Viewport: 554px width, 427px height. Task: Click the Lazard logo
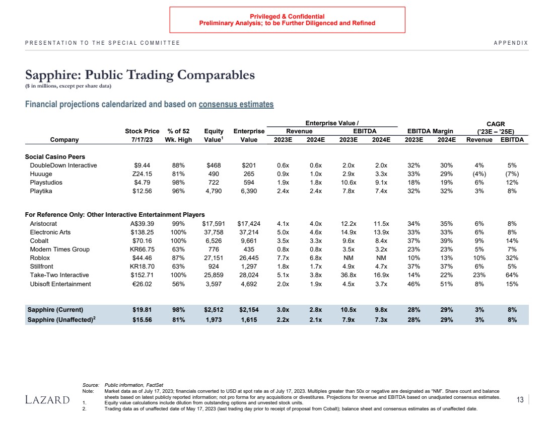pyautogui.click(x=47, y=400)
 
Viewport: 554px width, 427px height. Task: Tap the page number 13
pyautogui.click(x=520, y=400)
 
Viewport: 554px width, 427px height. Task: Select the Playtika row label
pyautogui.click(x=41, y=191)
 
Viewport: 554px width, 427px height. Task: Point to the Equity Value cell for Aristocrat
pyautogui.click(x=213, y=224)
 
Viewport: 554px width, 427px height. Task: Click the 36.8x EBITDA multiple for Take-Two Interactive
pyautogui.click(x=349, y=275)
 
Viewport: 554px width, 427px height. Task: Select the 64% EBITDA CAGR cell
pyautogui.click(x=512, y=275)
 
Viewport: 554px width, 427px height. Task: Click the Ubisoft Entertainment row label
pyautogui.click(x=60, y=284)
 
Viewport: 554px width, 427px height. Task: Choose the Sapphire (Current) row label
pyautogui.click(x=55, y=309)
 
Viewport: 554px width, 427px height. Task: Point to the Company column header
pyautogui.click(x=64, y=140)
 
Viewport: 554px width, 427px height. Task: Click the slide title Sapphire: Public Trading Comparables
pyautogui.click(x=140, y=75)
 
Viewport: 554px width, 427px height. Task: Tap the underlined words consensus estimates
pyautogui.click(x=236, y=105)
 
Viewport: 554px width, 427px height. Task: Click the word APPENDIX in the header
pyautogui.click(x=511, y=43)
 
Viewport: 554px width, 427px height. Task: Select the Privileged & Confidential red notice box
pyautogui.click(x=287, y=20)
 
